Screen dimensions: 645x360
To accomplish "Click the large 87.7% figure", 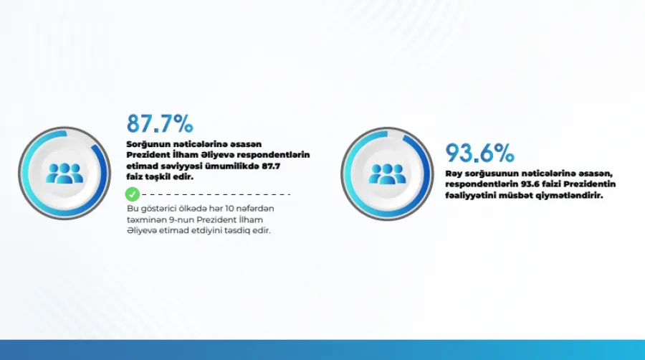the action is pyautogui.click(x=160, y=123).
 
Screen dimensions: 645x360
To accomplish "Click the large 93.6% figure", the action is pyautogui.click(x=479, y=153).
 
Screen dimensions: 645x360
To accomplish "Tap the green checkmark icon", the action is pyautogui.click(x=133, y=194).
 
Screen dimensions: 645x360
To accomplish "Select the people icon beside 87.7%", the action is pyautogui.click(x=64, y=174).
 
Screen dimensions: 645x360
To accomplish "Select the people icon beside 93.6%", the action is pyautogui.click(x=387, y=174).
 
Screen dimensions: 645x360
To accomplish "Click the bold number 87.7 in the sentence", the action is pyautogui.click(x=271, y=166).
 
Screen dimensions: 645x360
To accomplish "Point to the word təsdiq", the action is pyautogui.click(x=237, y=231).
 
